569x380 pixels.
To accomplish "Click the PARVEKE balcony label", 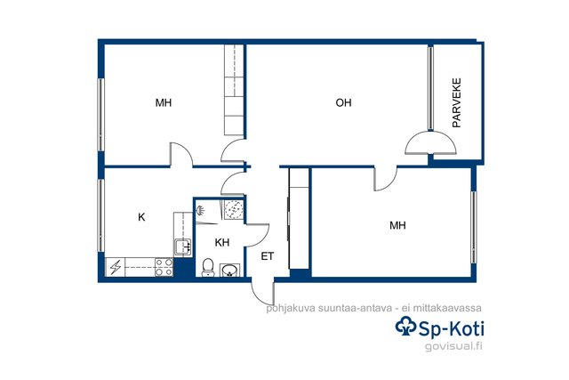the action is point(456,103).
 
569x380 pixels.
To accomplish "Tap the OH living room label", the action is point(343,103).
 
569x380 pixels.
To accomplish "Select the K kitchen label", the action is point(141,217).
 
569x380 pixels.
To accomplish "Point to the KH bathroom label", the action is point(222,242).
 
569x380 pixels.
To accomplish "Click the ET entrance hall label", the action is point(268,256).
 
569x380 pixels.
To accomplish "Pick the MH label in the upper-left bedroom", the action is point(164,103).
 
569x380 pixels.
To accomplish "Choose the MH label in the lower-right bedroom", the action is point(397,226).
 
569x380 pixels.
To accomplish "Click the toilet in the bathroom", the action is point(207,267).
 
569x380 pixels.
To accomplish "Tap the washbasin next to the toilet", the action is point(229,270).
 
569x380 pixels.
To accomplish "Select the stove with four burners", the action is point(164,267).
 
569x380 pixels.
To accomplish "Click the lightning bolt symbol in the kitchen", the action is point(116,267).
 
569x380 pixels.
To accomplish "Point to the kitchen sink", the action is point(183,247).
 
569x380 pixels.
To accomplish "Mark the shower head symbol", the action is point(200,210).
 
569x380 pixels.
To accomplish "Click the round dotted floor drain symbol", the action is point(233,209).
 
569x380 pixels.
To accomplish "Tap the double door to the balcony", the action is point(430,142).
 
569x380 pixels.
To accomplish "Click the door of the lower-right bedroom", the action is point(386,179).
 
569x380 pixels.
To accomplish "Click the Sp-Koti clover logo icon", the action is point(405,327).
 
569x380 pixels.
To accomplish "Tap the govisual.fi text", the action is point(453,346).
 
